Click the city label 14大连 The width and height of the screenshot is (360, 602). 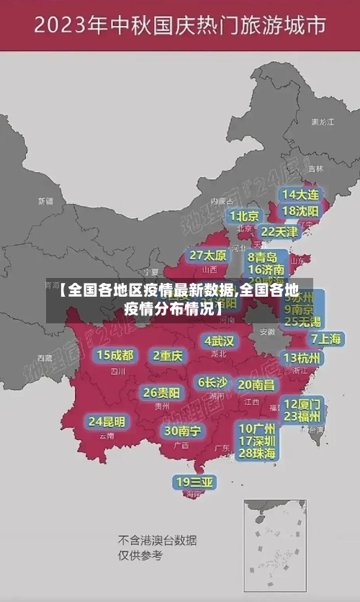(300, 195)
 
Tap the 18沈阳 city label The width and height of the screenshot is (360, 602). (300, 211)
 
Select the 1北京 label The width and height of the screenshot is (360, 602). (245, 216)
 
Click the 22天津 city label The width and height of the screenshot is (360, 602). (279, 232)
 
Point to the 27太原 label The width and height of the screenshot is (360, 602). (208, 256)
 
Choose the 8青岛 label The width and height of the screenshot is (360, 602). (263, 256)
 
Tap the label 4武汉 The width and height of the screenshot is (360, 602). (220, 341)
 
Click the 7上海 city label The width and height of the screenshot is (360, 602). (326, 339)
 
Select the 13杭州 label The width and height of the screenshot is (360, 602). (302, 358)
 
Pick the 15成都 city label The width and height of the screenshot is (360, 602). (115, 355)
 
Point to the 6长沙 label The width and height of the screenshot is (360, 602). (213, 382)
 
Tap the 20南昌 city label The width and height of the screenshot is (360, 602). (256, 385)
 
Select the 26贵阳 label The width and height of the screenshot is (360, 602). (161, 392)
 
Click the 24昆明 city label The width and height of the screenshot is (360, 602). (106, 421)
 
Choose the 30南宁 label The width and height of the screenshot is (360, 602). (182, 431)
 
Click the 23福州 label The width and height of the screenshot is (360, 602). (302, 416)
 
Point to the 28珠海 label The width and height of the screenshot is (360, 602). (257, 453)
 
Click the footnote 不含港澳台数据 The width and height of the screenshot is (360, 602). (157, 540)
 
